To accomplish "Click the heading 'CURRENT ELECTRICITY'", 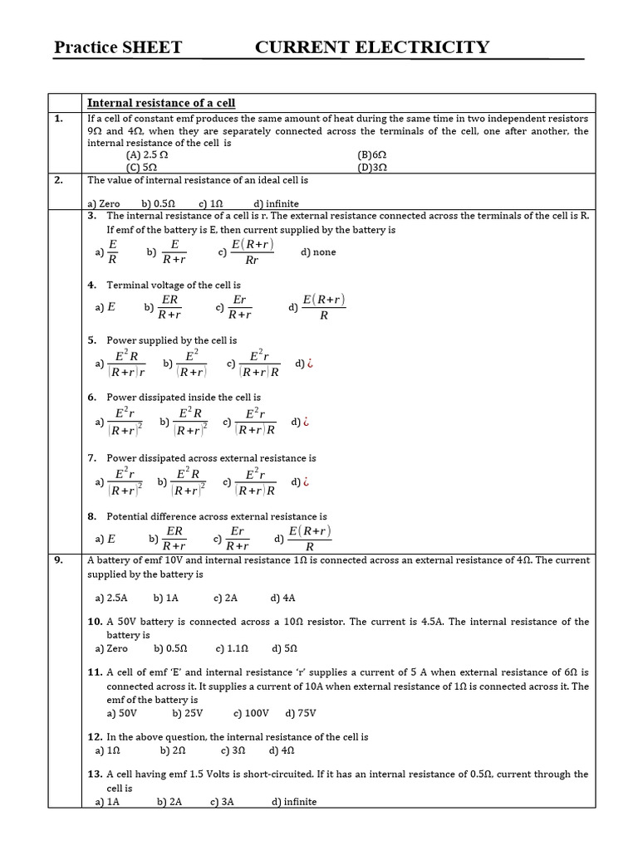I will click(371, 47).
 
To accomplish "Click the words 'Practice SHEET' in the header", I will click(117, 47).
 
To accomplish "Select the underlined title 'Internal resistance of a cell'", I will click(161, 103).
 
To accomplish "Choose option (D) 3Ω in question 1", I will click(372, 167).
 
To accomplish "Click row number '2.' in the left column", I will click(59, 179).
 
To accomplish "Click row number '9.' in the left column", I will click(59, 560).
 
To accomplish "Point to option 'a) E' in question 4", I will click(106, 306).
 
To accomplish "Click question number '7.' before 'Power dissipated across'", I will click(93, 458).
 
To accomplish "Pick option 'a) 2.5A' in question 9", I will click(111, 598).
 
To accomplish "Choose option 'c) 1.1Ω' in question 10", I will click(232, 648).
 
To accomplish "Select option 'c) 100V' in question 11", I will click(249, 713).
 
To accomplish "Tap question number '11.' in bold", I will click(95, 672).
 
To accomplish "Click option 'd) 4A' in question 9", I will click(282, 598).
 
